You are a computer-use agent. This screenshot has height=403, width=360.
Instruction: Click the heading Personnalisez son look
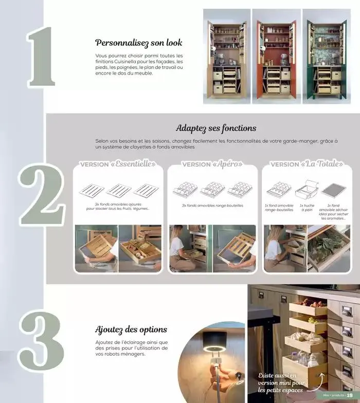coord(139,43)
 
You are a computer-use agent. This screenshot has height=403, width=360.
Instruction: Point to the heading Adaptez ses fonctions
coord(216,128)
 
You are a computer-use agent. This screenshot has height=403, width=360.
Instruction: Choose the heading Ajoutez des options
coord(131,329)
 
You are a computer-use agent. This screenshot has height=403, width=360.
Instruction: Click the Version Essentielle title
coord(118,164)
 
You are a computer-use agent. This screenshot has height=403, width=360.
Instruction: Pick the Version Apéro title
coord(212,164)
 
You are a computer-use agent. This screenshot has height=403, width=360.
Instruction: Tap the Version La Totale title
coord(307,164)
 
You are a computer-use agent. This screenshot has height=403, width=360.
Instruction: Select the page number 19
coord(350,395)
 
